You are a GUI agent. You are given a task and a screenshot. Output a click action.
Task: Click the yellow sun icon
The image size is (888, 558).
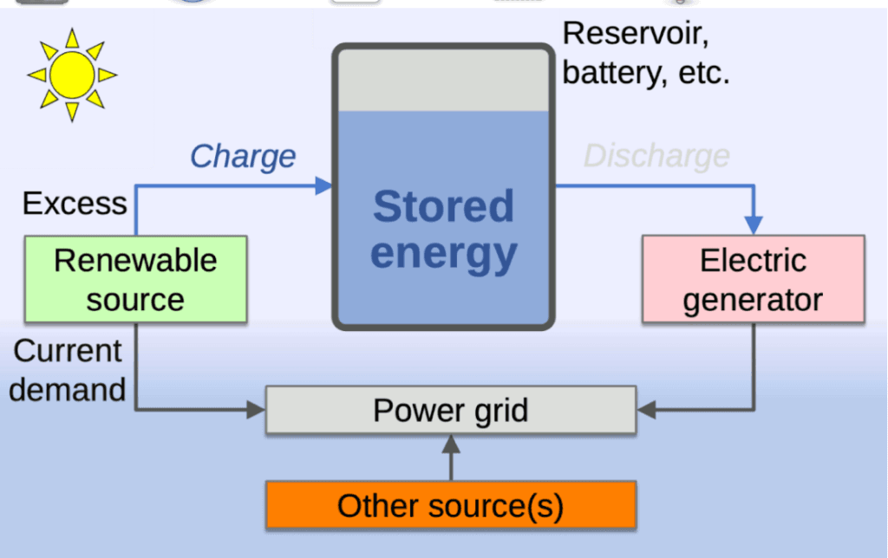tap(72, 75)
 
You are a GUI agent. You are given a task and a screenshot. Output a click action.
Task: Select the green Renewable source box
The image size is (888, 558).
tap(135, 279)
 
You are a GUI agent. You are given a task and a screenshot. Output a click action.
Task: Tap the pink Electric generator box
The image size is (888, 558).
tap(753, 279)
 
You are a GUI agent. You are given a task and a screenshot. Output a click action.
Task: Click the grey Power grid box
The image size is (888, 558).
tap(450, 410)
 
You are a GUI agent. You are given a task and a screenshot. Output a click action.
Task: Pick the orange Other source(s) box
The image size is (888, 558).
tap(450, 505)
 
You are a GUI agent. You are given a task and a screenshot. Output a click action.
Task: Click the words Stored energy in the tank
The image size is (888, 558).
tap(443, 230)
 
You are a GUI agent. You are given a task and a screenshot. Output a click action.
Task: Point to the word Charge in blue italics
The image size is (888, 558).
tap(243, 157)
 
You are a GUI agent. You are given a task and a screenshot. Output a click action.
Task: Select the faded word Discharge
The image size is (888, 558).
tap(656, 157)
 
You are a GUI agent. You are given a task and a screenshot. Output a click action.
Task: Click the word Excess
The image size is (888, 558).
tap(75, 204)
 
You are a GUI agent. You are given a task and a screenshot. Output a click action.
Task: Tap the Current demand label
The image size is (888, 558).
tap(68, 370)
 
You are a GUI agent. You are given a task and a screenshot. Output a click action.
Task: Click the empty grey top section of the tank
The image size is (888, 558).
tap(443, 80)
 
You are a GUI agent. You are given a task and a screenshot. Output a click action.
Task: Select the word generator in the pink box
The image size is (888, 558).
tap(753, 300)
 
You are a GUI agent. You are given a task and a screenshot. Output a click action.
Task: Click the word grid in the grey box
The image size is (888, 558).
tap(501, 410)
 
